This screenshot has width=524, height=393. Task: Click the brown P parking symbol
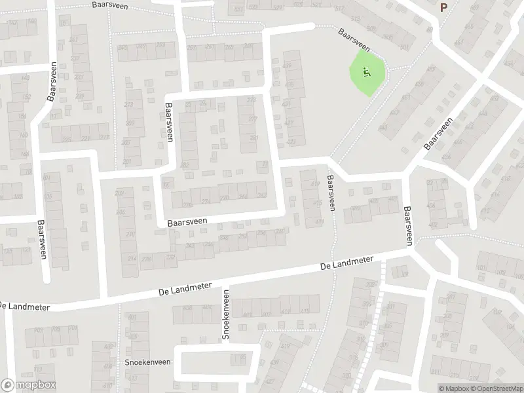(443, 8)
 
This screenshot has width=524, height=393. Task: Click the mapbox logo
(28, 385)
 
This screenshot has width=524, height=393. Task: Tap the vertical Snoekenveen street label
(225, 314)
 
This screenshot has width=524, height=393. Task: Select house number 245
(123, 47)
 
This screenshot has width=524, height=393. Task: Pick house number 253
(160, 45)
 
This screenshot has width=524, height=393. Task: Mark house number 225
(80, 96)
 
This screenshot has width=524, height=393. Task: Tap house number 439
(287, 66)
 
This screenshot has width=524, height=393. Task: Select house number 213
(129, 105)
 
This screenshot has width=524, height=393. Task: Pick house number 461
(406, 98)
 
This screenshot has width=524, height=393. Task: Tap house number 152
(26, 98)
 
